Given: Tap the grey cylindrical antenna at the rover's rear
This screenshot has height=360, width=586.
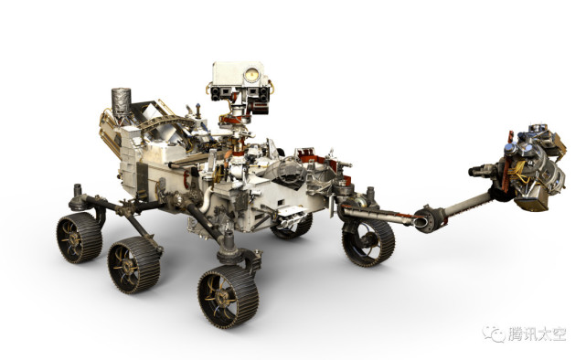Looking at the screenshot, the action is tap(122, 102).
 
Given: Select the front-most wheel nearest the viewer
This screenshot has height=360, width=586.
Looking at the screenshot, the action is tap(229, 297).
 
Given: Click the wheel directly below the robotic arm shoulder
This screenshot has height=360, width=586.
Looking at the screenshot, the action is tap(368, 242).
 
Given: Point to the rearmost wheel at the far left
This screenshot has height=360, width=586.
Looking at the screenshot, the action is tap(80, 238).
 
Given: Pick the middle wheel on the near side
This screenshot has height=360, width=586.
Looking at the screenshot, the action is tap(133, 264).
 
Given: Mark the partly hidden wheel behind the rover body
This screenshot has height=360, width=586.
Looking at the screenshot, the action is tap(292, 227).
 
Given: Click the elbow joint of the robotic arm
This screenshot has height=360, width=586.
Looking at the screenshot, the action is tap(429, 218).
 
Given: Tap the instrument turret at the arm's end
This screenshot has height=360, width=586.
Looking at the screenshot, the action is tap(530, 164).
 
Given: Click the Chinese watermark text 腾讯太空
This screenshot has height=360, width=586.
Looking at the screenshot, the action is tap(537, 334).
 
